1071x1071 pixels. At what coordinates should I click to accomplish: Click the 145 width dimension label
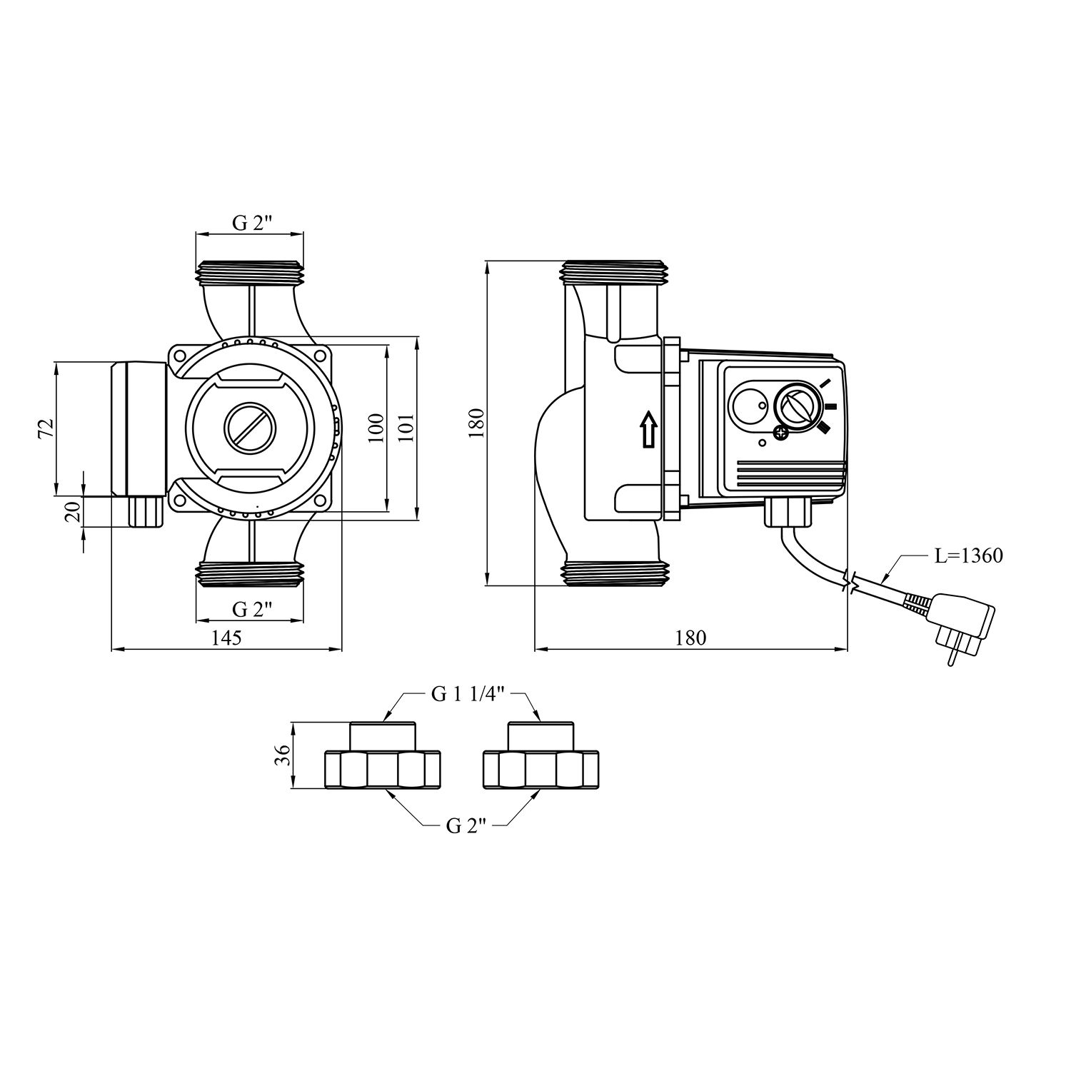click(x=226, y=637)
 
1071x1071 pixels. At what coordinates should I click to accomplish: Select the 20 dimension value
click(x=73, y=511)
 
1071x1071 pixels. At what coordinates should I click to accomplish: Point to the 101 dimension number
click(x=406, y=428)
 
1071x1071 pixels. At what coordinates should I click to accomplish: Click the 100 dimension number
click(x=376, y=428)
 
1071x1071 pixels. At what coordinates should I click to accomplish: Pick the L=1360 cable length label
click(x=968, y=555)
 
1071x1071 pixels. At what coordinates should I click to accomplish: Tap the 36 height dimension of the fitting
click(x=282, y=755)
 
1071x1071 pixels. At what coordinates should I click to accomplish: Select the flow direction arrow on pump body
click(x=648, y=430)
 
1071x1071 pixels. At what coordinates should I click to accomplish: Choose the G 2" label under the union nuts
click(x=466, y=826)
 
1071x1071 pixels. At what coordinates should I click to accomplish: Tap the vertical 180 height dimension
click(x=478, y=423)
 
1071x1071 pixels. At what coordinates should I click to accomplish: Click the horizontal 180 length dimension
click(x=690, y=637)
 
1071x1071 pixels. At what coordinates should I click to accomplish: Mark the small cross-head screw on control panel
click(x=782, y=432)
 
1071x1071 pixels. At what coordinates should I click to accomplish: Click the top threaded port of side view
click(x=615, y=271)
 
